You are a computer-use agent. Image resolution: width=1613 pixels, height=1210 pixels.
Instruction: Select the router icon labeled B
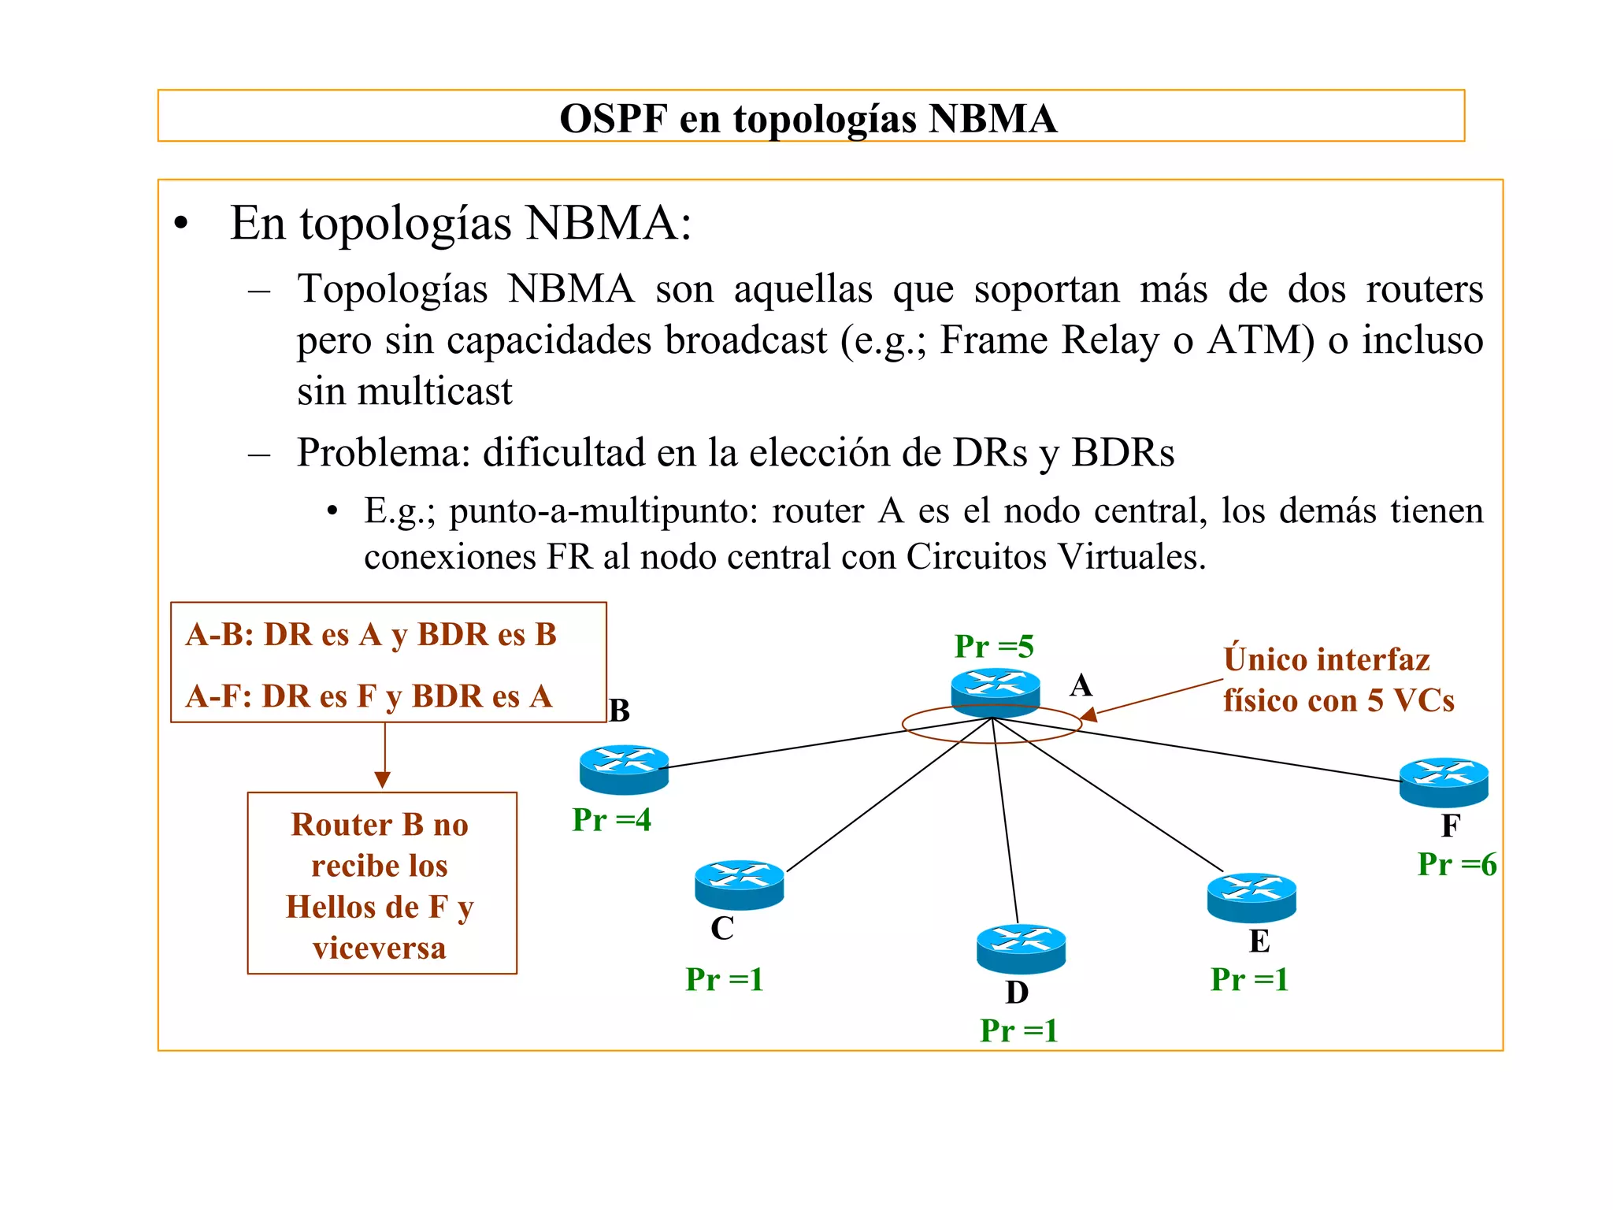(x=624, y=769)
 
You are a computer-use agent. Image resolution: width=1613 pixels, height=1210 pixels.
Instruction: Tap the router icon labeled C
(x=739, y=884)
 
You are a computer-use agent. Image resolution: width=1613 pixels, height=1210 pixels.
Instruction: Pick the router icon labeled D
(x=1021, y=948)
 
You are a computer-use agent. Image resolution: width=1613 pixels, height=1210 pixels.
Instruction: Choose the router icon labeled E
(x=1251, y=897)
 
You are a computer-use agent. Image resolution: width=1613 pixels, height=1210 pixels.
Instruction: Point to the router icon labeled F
(x=1444, y=781)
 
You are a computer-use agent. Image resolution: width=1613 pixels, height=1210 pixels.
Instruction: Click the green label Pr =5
(x=994, y=647)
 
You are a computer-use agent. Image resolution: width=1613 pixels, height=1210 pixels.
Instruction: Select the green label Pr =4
(x=611, y=820)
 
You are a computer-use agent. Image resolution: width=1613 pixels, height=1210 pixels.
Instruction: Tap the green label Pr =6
(x=1457, y=864)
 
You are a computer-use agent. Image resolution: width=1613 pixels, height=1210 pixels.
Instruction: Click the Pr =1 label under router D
(x=1018, y=1030)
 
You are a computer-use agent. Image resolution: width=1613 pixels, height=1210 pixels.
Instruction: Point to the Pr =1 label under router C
(x=725, y=979)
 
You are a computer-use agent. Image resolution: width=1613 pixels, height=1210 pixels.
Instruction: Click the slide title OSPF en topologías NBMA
(x=808, y=118)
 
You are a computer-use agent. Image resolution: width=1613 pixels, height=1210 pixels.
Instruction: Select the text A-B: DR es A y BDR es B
(x=371, y=634)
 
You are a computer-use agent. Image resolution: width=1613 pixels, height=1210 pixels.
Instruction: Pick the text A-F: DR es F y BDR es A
(x=369, y=696)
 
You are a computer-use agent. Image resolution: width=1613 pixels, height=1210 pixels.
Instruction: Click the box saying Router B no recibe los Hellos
(x=381, y=884)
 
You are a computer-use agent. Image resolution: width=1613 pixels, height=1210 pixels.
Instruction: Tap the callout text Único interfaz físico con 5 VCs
(x=1338, y=680)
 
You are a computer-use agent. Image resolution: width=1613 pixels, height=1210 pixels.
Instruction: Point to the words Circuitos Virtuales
(x=1055, y=557)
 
